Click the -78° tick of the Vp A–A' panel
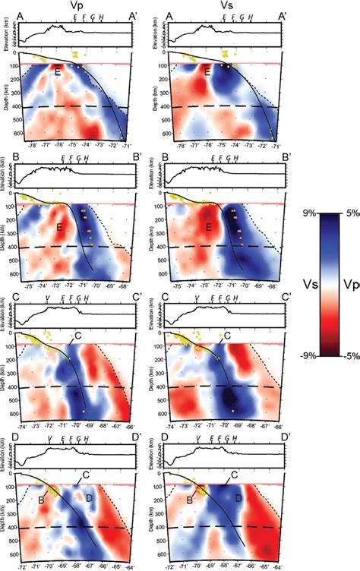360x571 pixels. click(x=33, y=143)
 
